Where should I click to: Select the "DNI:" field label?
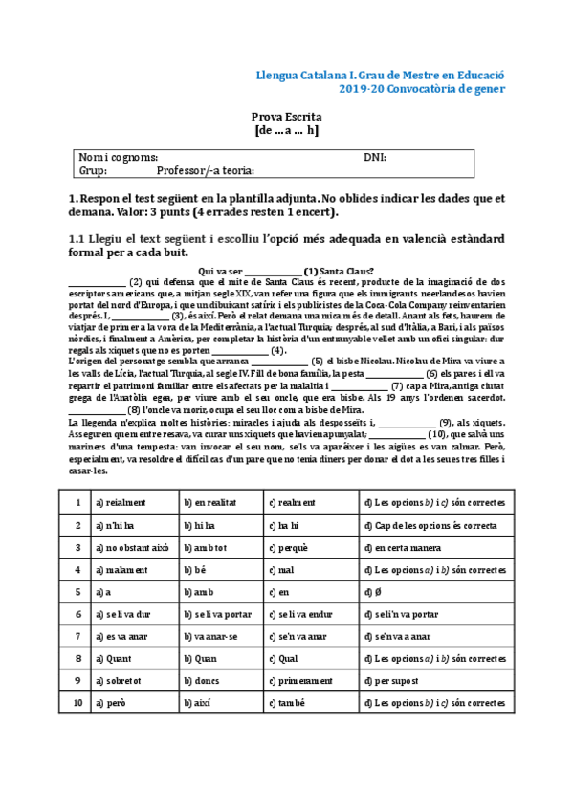(374, 157)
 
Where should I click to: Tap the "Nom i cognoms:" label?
(118, 157)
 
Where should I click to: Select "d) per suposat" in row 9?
(396, 681)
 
